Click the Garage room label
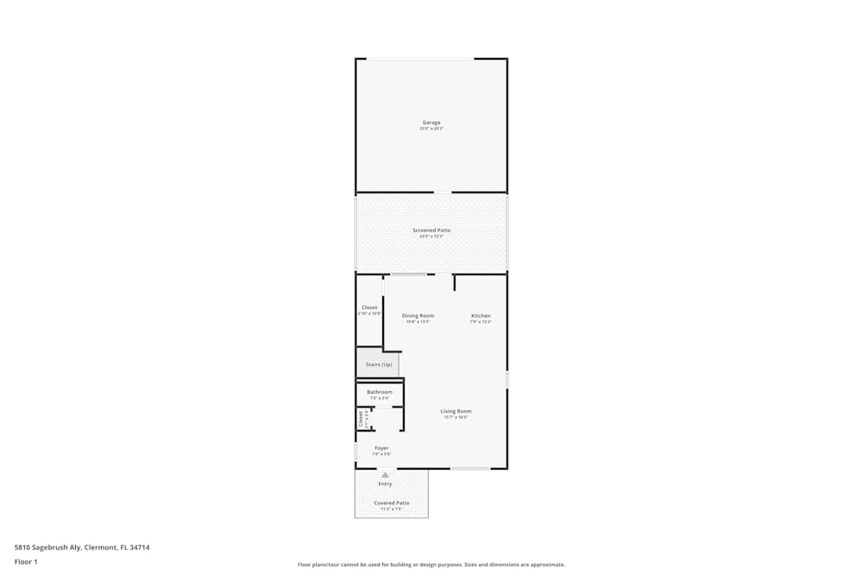coord(431,123)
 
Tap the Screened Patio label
coord(431,231)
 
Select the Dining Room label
coord(418,316)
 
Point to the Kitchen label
coord(481,316)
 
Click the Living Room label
coord(456,411)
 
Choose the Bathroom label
coord(380,392)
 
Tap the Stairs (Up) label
coord(379,364)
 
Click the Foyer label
coord(381,448)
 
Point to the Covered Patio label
coord(392,503)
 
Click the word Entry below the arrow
coord(385,484)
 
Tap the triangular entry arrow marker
coord(385,475)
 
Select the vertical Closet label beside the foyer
coord(361,419)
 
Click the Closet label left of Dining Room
coord(369,307)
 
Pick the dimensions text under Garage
coord(431,129)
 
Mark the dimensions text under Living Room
coord(456,417)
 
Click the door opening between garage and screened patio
coord(443,193)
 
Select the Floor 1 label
coord(26,561)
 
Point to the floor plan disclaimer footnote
coord(431,565)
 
